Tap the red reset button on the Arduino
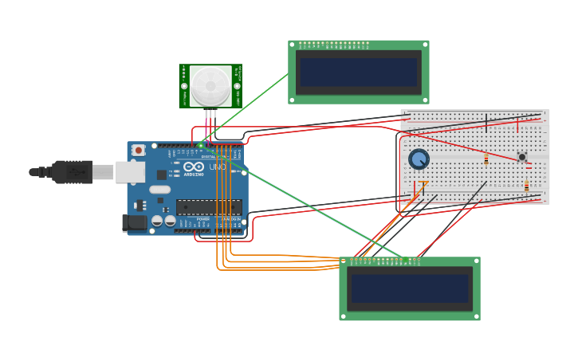(139, 150)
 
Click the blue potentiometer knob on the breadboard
(419, 159)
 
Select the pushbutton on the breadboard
(522, 157)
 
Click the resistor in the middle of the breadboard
(486, 159)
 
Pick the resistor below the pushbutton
(526, 186)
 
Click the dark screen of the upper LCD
(359, 73)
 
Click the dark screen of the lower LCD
(410, 288)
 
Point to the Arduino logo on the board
(194, 167)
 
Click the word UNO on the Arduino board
(217, 167)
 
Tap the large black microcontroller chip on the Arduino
(208, 207)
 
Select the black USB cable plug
(72, 171)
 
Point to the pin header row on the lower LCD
(383, 260)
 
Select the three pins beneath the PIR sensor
(210, 114)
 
